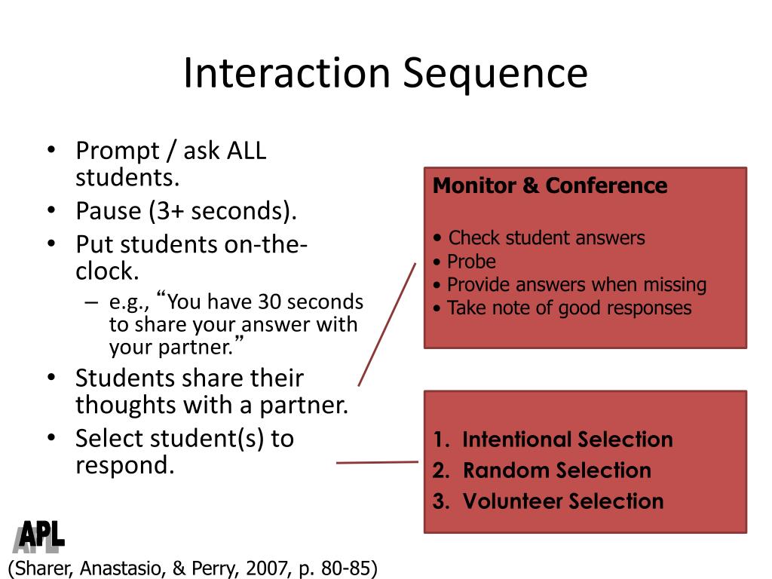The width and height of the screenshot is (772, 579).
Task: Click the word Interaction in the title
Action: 286,74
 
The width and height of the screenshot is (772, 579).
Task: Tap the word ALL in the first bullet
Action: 247,151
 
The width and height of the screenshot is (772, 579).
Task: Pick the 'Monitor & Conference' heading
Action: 550,185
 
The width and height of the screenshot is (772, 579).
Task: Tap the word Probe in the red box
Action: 471,262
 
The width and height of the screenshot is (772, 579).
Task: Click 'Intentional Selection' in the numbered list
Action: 567,440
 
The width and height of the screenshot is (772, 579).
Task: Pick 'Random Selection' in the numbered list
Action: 556,470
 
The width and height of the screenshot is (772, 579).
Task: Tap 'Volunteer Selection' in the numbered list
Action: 562,501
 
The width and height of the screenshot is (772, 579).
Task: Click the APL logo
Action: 39,537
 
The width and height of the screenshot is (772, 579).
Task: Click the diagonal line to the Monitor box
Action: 387,324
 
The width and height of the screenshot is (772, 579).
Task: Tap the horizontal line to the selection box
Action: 377,462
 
